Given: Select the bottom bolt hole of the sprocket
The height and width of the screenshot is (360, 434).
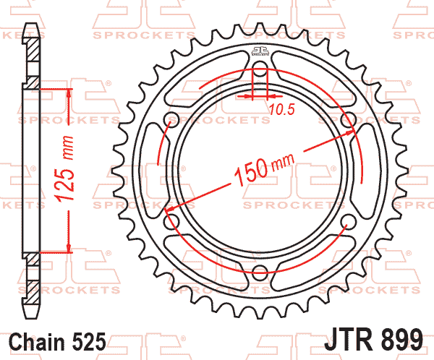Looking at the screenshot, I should coord(259,272).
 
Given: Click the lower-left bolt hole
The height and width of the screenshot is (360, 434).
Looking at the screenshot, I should coord(171,221).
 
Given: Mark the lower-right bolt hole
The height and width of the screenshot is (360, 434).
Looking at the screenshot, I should coord(346,221).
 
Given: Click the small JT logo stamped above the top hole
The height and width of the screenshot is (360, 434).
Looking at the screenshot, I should coord(259,51).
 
